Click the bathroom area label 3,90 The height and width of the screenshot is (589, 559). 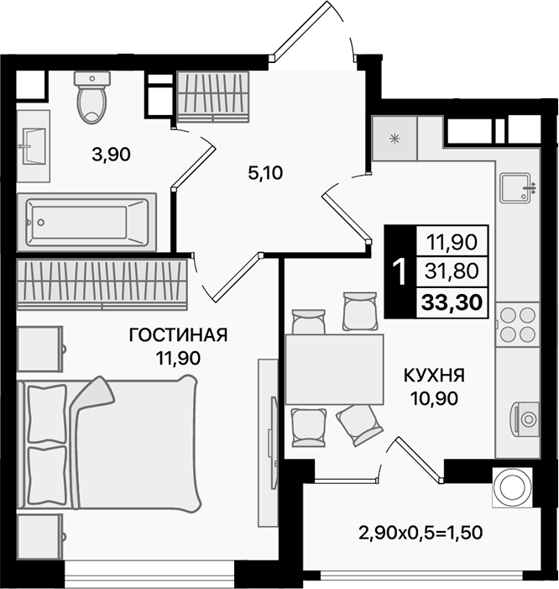click(x=112, y=154)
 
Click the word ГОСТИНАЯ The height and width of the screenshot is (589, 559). click(x=178, y=336)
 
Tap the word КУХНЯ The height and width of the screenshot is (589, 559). click(x=435, y=375)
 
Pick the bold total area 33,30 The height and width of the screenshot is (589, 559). click(x=452, y=303)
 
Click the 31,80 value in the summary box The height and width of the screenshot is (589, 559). click(x=452, y=271)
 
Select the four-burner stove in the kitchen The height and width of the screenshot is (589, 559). click(x=518, y=324)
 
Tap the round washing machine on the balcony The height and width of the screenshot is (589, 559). click(x=512, y=485)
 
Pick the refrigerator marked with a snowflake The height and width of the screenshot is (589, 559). click(x=394, y=135)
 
